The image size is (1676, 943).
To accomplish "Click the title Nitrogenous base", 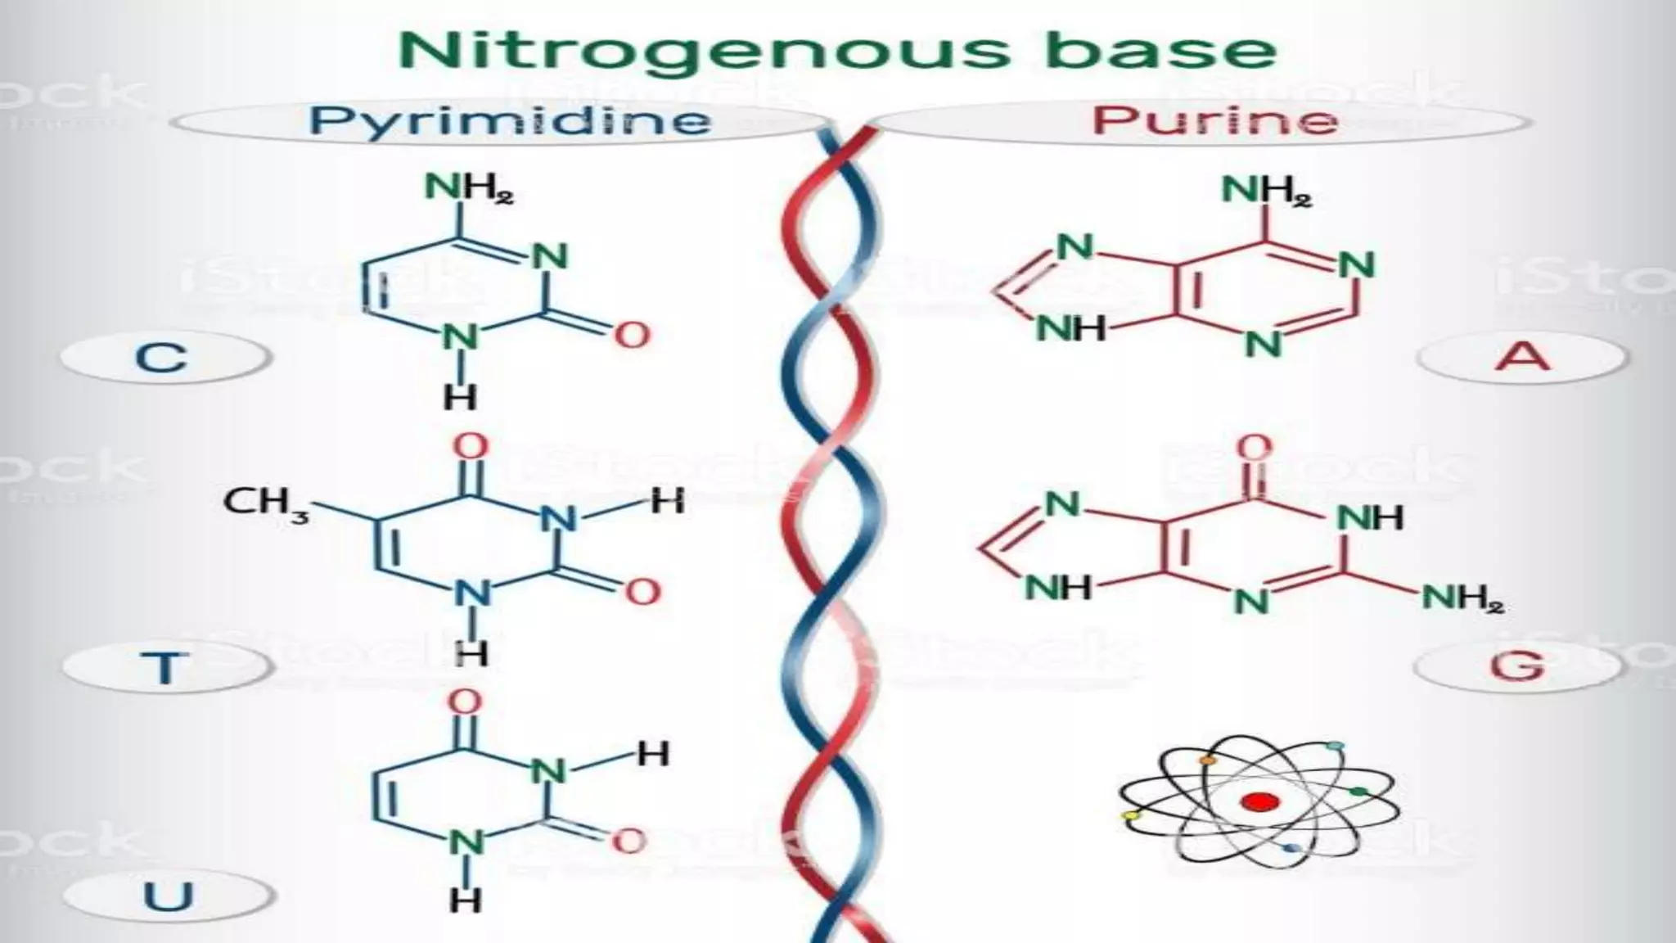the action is click(836, 51).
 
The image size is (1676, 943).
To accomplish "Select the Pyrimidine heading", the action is click(509, 121).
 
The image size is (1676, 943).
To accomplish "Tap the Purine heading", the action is click(1214, 121).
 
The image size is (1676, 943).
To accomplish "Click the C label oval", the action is click(163, 358).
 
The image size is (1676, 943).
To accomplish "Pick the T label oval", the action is click(166, 667).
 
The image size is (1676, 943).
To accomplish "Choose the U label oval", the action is click(168, 896).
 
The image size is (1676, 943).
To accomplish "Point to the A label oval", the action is click(1522, 357).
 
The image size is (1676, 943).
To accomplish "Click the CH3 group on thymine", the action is click(266, 502).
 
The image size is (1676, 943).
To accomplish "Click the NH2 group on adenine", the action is click(1266, 192).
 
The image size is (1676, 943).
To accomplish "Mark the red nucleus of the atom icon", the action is click(1259, 802).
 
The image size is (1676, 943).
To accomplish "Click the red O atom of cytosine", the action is click(632, 334).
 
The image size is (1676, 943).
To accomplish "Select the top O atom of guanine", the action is click(1254, 449).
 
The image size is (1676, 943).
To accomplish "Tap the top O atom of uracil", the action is click(465, 702).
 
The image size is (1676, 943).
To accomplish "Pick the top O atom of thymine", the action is click(471, 447).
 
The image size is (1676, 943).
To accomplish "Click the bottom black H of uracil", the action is click(465, 900).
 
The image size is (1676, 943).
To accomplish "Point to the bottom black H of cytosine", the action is click(460, 398).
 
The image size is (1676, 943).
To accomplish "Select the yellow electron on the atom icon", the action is click(1132, 815).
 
